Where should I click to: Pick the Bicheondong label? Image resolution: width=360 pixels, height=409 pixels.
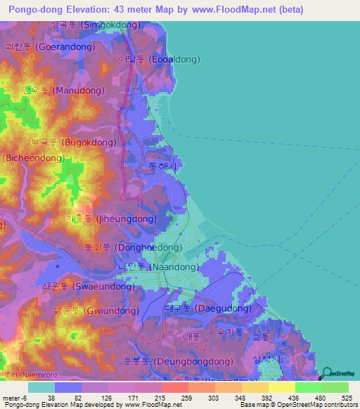tap(33, 158)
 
